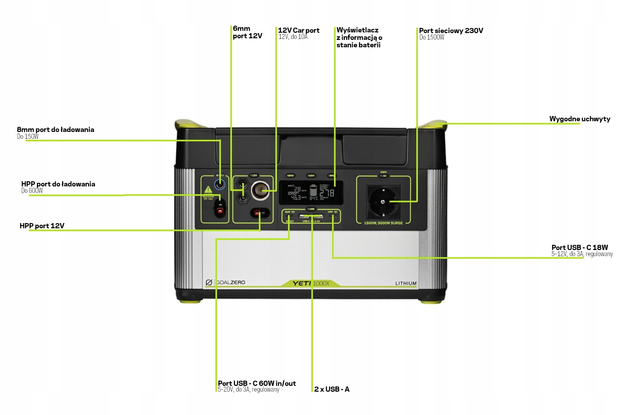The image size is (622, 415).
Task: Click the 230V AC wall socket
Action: [x=383, y=202]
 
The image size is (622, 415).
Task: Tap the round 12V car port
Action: [x=260, y=190]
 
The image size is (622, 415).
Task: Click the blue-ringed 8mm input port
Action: [x=220, y=185]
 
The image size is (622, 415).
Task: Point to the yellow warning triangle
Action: [x=208, y=190]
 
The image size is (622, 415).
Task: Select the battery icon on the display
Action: [x=313, y=190]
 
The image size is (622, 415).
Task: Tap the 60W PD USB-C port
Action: [x=289, y=216]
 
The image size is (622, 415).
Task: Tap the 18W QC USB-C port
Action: [x=332, y=216]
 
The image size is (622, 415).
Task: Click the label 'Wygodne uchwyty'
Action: [x=580, y=119]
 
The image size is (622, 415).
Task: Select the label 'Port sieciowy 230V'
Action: [x=451, y=31]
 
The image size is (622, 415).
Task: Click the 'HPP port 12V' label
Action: [x=42, y=226]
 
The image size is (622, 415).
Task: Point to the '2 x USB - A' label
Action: [x=332, y=389]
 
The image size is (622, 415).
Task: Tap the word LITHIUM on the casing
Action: [x=406, y=283]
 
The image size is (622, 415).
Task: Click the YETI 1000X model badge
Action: [x=311, y=283]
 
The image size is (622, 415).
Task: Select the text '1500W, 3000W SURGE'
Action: [x=383, y=223]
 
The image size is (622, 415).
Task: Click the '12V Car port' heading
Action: [x=299, y=30]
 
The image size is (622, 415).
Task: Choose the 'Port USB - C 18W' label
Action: [x=580, y=247]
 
